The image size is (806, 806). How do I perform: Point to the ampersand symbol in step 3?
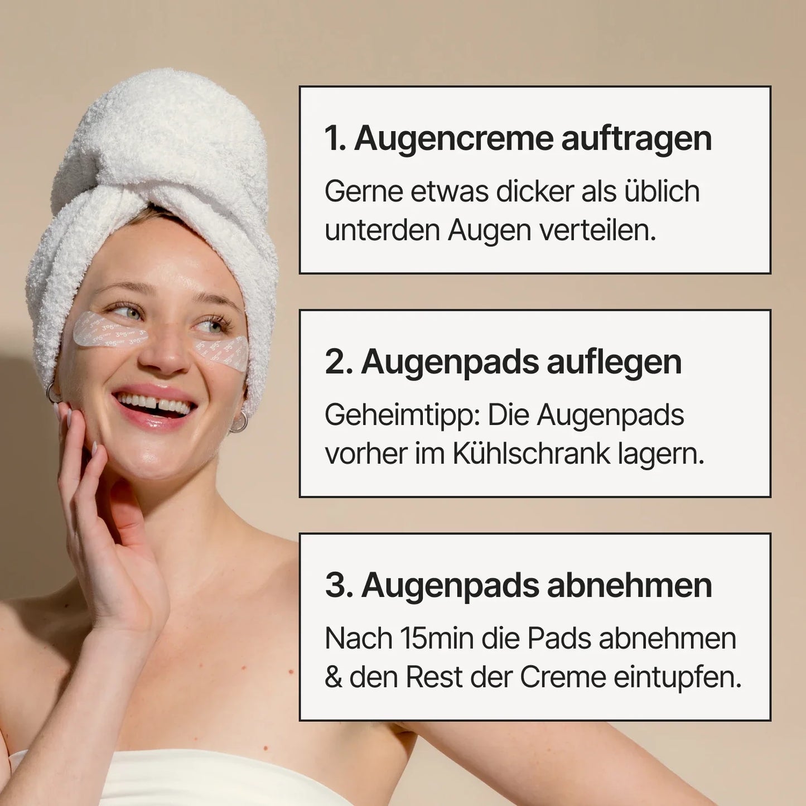(x=334, y=678)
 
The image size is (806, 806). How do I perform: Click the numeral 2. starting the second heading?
(x=339, y=363)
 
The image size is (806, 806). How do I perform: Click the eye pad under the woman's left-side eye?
(x=110, y=329)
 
